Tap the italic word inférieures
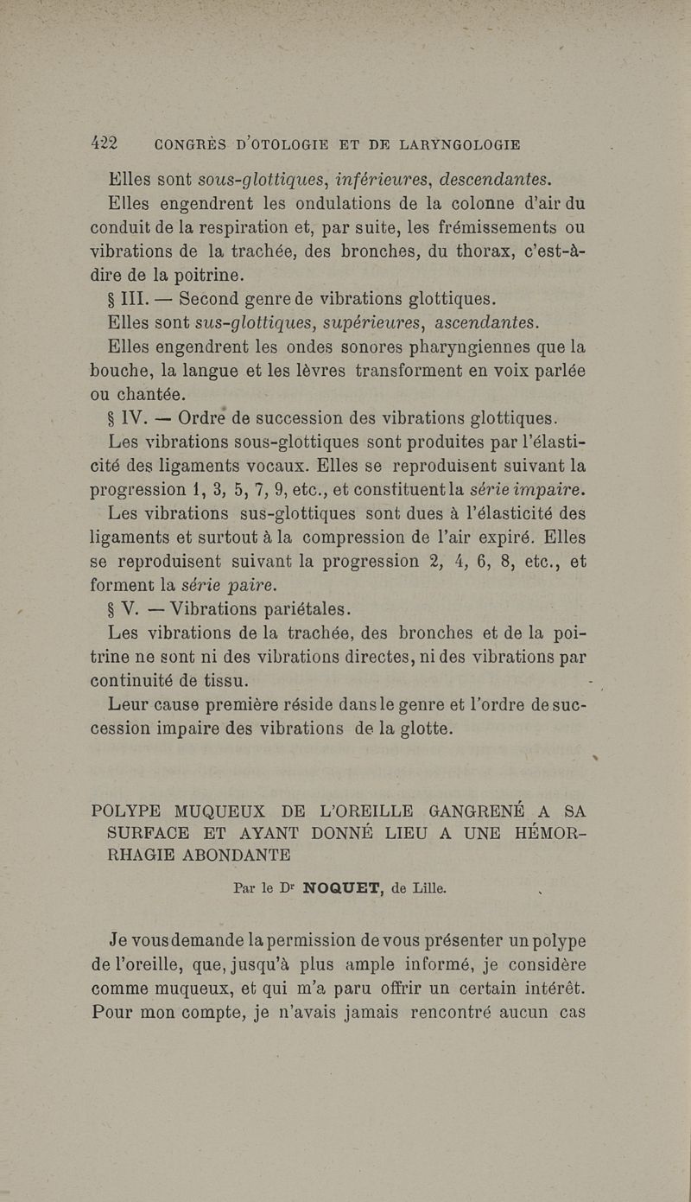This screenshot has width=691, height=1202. (375, 180)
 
